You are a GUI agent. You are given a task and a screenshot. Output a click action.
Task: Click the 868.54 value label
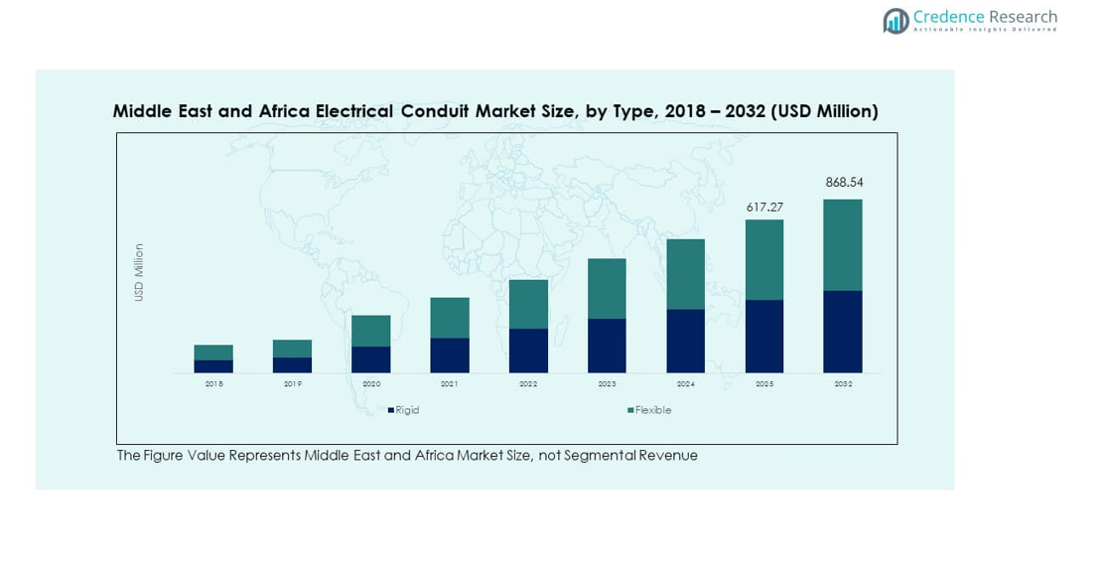844,183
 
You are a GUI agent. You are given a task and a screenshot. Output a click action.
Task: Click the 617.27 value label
764,208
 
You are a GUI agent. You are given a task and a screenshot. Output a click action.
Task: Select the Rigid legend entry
406,410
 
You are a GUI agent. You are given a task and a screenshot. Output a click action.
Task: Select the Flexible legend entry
652,410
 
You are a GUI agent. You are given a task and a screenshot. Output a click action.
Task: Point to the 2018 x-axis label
213,384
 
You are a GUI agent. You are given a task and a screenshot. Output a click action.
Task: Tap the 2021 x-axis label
450,384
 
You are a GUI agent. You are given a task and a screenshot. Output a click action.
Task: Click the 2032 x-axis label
843,384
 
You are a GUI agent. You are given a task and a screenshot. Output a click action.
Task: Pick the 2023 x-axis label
607,384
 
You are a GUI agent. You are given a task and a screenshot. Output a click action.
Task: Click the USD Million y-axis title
139,273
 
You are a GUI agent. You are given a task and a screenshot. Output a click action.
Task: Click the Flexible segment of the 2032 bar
843,244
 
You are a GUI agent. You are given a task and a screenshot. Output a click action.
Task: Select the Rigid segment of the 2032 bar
843,332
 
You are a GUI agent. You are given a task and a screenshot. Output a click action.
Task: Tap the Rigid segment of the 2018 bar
213,366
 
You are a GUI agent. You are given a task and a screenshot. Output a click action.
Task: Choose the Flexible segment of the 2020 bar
371,331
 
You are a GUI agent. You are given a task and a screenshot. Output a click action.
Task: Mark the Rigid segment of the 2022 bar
528,351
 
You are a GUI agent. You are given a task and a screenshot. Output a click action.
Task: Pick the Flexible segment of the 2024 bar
685,274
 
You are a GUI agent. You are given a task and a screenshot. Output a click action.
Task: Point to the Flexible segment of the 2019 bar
292,349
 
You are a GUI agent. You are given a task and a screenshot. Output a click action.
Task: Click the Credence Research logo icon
896,20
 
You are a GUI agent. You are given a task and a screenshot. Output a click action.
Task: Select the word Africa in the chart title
285,111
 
